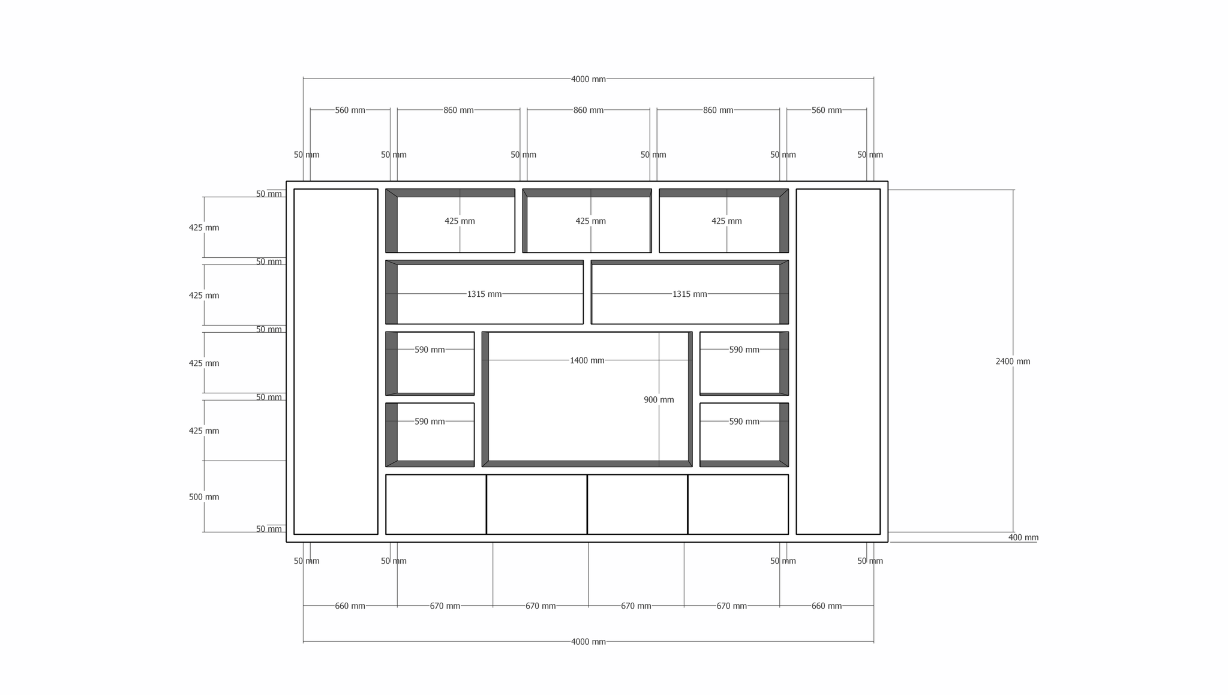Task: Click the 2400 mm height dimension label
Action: click(x=1013, y=362)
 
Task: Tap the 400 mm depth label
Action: click(x=1023, y=537)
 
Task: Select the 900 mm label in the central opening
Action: click(x=659, y=400)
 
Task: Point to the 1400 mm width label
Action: click(x=587, y=360)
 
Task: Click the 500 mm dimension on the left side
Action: click(x=204, y=497)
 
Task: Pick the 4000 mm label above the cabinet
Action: click(x=589, y=79)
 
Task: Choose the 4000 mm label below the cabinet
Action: click(x=589, y=642)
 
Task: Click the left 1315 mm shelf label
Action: click(x=484, y=294)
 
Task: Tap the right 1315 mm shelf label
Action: click(x=689, y=294)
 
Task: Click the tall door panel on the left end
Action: click(x=336, y=362)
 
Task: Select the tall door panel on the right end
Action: click(x=838, y=362)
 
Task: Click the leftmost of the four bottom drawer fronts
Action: click(x=436, y=504)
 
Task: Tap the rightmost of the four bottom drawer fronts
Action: click(x=738, y=504)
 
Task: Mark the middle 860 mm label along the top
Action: click(x=589, y=110)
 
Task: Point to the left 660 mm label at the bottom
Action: click(x=350, y=606)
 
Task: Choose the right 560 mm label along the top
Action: click(x=827, y=110)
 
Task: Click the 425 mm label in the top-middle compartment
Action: click(x=591, y=221)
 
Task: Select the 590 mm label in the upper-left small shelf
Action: click(x=430, y=350)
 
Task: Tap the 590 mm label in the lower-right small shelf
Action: click(x=744, y=422)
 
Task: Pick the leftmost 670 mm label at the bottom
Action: click(x=445, y=606)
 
